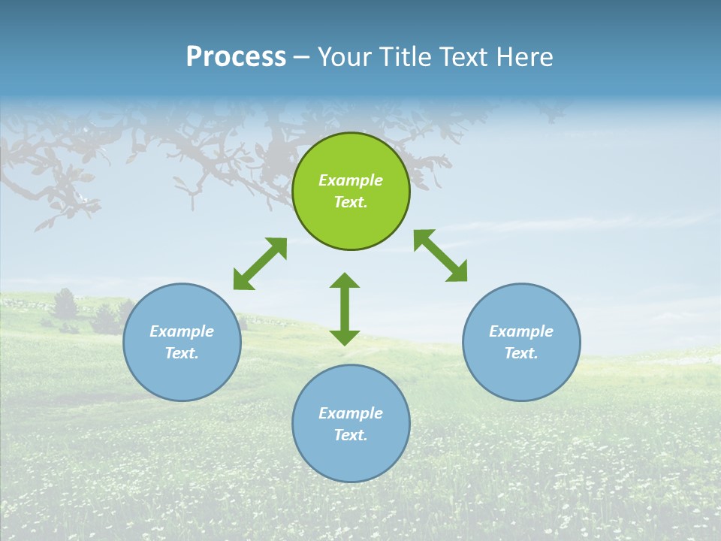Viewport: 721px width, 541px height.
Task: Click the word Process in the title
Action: pos(236,57)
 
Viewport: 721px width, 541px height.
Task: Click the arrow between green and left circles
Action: pos(260,264)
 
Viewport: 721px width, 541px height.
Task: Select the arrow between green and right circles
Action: pos(441,255)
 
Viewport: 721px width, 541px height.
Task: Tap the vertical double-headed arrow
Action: pos(345,309)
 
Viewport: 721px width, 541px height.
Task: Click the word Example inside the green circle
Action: pos(351,180)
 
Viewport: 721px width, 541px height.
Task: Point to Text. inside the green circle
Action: pos(351,202)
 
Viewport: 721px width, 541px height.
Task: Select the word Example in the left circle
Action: pos(182,331)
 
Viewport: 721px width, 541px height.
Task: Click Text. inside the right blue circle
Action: pos(521,353)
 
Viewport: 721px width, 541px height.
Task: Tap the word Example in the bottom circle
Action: pos(351,413)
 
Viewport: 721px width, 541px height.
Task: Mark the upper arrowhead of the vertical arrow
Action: pos(345,281)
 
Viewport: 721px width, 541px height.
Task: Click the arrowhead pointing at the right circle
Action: pos(457,272)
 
